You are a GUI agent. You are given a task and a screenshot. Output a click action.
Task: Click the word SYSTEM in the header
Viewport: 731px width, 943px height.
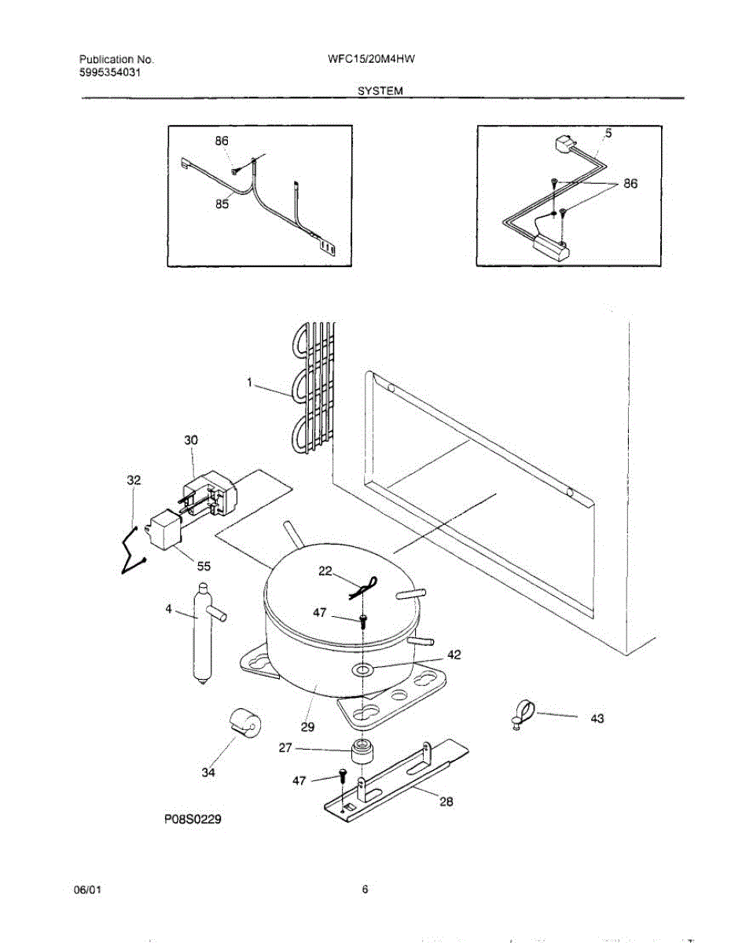click(x=380, y=91)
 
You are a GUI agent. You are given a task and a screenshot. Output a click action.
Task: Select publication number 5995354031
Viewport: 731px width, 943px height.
click(x=112, y=72)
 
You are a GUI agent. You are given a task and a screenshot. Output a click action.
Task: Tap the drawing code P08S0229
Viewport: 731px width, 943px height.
click(x=193, y=820)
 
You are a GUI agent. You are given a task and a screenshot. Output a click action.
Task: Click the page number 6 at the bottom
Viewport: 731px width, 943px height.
click(x=365, y=890)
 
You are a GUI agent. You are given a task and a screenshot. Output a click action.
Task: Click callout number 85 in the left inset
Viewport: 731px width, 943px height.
click(x=222, y=204)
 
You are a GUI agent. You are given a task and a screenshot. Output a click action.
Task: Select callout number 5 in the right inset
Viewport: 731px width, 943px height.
click(x=608, y=134)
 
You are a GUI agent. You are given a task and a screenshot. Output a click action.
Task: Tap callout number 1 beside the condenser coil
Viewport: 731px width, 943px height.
click(x=249, y=383)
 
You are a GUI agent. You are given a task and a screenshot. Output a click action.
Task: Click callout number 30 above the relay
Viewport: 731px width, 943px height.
click(x=191, y=442)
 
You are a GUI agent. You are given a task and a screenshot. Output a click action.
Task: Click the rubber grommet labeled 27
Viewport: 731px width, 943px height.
click(x=363, y=751)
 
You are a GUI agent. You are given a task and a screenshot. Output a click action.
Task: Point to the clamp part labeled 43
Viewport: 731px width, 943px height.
click(x=522, y=713)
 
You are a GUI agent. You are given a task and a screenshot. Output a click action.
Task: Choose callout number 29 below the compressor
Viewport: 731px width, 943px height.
click(x=308, y=726)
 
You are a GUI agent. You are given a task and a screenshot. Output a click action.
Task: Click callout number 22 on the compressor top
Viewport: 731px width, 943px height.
click(x=325, y=571)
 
